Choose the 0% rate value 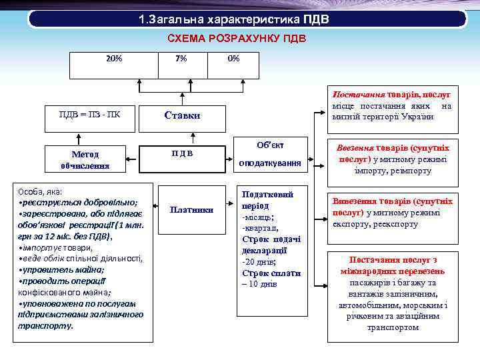[233, 59]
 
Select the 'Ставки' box [182, 115]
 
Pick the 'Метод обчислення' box [84, 159]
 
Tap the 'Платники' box [191, 210]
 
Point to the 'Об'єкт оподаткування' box [271, 154]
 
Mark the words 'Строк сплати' [271, 273]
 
